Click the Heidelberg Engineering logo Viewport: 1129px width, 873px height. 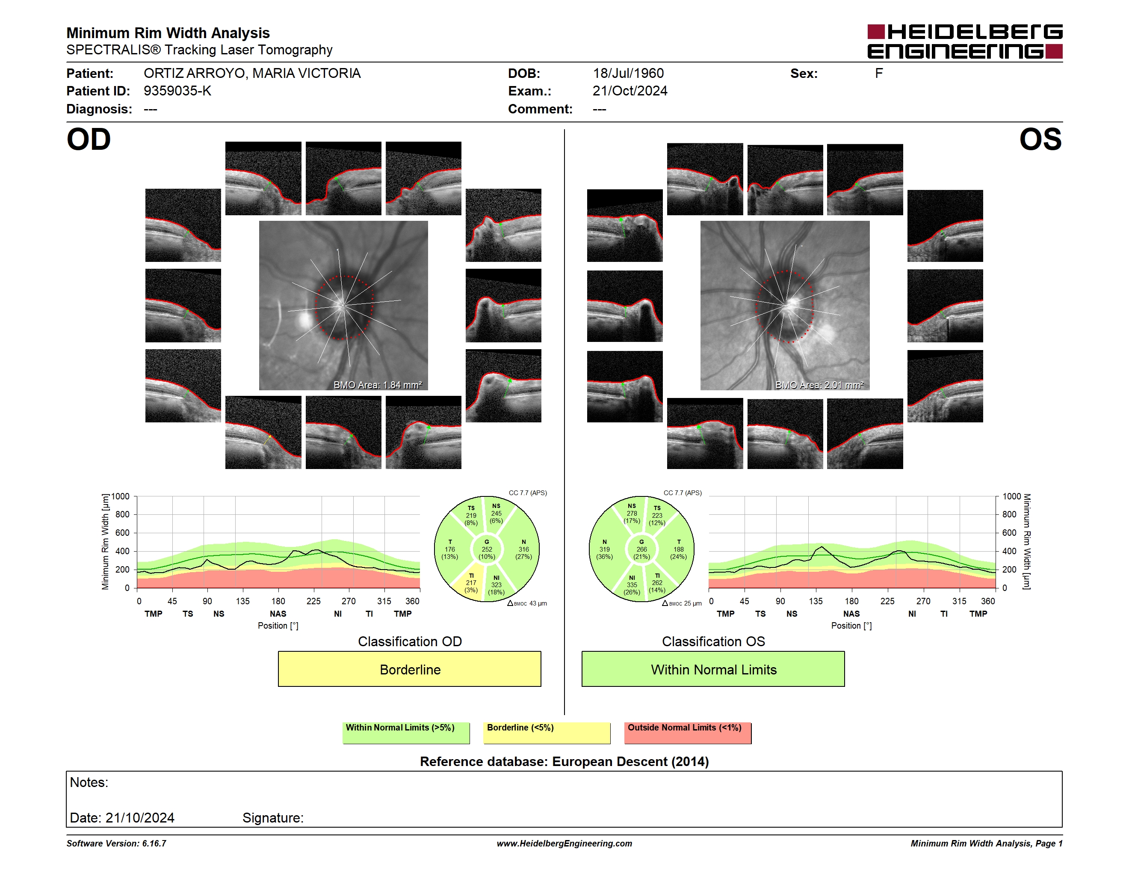click(x=965, y=42)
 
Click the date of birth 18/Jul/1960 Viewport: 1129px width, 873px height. click(x=628, y=74)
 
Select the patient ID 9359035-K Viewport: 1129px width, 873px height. click(x=177, y=91)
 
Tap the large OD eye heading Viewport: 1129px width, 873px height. click(x=89, y=140)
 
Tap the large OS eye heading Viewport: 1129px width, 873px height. click(x=1040, y=140)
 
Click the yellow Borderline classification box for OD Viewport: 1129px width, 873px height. click(x=409, y=669)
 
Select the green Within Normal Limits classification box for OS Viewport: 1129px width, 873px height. click(x=713, y=669)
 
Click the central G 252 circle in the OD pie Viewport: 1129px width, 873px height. click(x=486, y=549)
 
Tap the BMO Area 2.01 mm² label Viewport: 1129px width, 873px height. click(x=819, y=385)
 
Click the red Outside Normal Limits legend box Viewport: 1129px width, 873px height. click(x=688, y=733)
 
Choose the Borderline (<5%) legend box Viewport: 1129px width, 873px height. click(x=547, y=733)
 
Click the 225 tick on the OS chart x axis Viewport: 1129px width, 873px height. click(x=887, y=601)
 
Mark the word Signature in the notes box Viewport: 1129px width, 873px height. click(x=272, y=818)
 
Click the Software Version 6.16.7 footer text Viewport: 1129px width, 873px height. click(x=116, y=843)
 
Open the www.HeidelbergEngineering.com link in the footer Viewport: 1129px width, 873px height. click(x=564, y=843)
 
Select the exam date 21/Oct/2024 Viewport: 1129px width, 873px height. click(x=630, y=91)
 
